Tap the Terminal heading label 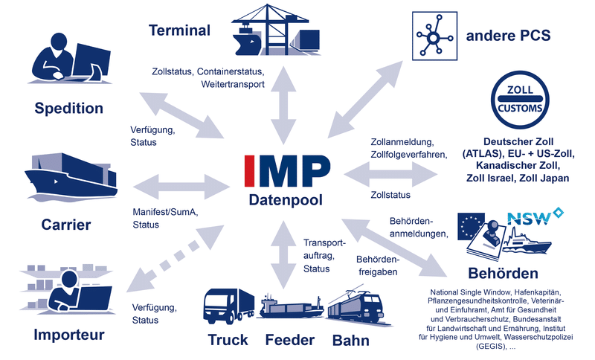179,31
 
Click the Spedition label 68,109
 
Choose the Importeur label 68,335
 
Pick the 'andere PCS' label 508,34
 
